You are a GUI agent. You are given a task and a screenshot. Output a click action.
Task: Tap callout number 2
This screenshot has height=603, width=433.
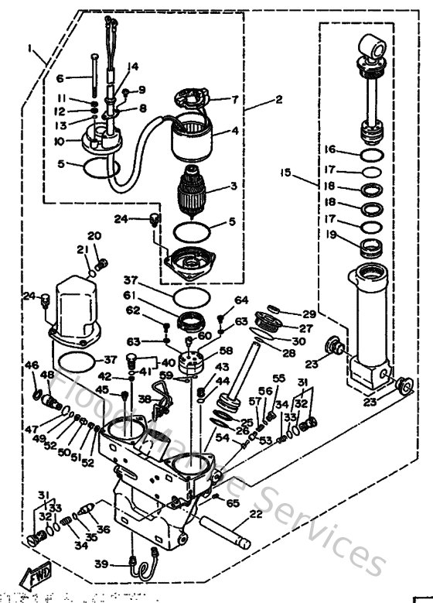point(279,100)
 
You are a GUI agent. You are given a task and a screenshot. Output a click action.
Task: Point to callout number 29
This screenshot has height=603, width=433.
point(309,314)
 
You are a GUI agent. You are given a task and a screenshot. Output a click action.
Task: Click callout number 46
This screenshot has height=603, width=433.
point(32,365)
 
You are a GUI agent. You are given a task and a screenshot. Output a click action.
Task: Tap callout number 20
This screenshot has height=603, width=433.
point(94,236)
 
